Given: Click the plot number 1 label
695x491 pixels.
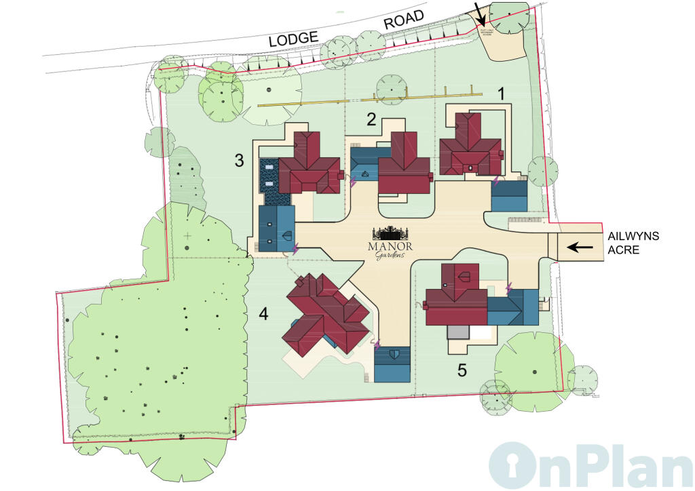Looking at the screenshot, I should (x=502, y=94).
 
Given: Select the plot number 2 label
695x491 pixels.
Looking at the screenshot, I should (x=371, y=120).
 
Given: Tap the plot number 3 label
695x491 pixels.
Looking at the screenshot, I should (x=239, y=161).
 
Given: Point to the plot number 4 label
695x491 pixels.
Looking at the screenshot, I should (x=263, y=314).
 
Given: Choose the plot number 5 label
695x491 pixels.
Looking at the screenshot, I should (x=462, y=371).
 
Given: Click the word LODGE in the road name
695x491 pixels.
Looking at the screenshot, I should (x=294, y=39).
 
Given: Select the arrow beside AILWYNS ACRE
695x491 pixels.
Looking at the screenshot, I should (x=580, y=248).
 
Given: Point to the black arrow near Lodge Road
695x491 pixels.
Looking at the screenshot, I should (x=481, y=12).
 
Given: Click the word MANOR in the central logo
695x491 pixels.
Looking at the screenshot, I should (x=390, y=246).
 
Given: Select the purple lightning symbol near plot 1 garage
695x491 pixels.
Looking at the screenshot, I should (x=496, y=182).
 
